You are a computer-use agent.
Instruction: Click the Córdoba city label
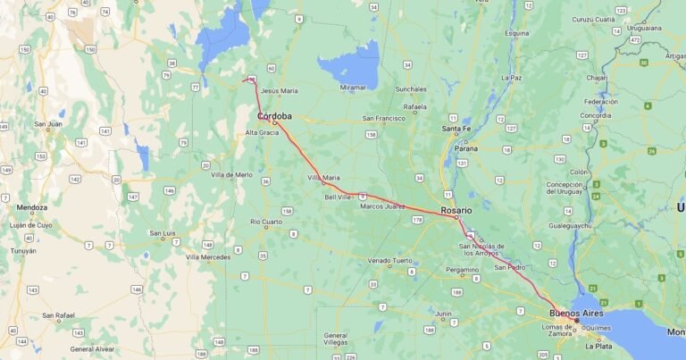click(x=274, y=116)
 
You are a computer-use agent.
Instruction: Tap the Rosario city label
click(x=456, y=210)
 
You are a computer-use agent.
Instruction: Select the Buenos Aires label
click(x=575, y=314)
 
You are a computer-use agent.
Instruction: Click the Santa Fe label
click(x=456, y=130)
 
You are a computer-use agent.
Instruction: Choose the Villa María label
click(x=323, y=178)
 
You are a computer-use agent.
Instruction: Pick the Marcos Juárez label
click(x=382, y=206)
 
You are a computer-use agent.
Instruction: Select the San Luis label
click(x=162, y=234)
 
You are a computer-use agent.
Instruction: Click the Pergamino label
click(x=463, y=269)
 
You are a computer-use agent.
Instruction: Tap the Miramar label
click(x=353, y=87)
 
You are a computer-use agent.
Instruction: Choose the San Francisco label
click(x=383, y=118)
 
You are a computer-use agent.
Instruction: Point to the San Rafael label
click(x=60, y=314)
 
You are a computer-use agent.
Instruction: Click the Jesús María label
click(x=280, y=90)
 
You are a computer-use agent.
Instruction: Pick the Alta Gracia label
click(x=262, y=132)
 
